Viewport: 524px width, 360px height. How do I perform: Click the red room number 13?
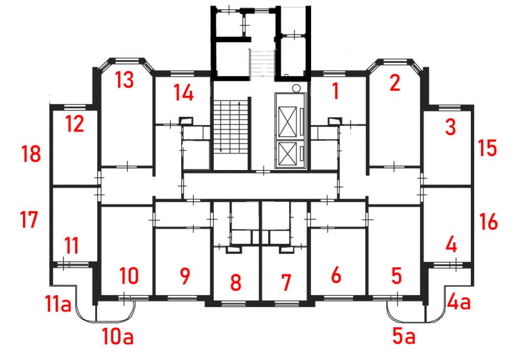point(124,79)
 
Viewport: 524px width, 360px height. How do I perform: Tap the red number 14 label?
point(184,93)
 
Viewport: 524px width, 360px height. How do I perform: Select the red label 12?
point(74,124)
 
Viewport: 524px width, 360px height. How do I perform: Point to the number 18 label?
point(31,154)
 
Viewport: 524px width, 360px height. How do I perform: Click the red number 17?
point(29,219)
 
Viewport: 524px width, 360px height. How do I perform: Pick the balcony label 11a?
point(58,304)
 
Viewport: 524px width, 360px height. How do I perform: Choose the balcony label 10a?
point(118,336)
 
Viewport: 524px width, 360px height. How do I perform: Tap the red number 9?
point(185,276)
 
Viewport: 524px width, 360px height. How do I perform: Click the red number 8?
point(235,282)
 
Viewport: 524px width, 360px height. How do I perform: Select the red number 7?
point(286,282)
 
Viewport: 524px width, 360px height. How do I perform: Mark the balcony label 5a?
point(404,336)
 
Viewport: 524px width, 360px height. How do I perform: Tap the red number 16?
point(488,222)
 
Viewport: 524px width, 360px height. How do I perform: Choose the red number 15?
point(487,148)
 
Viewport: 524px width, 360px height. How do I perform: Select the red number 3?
point(450,127)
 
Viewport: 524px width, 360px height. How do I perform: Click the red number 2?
point(395,83)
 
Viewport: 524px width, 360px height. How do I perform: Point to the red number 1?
point(336,91)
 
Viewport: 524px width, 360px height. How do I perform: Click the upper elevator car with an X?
point(288,122)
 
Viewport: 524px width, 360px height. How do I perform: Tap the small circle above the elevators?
point(296,88)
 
